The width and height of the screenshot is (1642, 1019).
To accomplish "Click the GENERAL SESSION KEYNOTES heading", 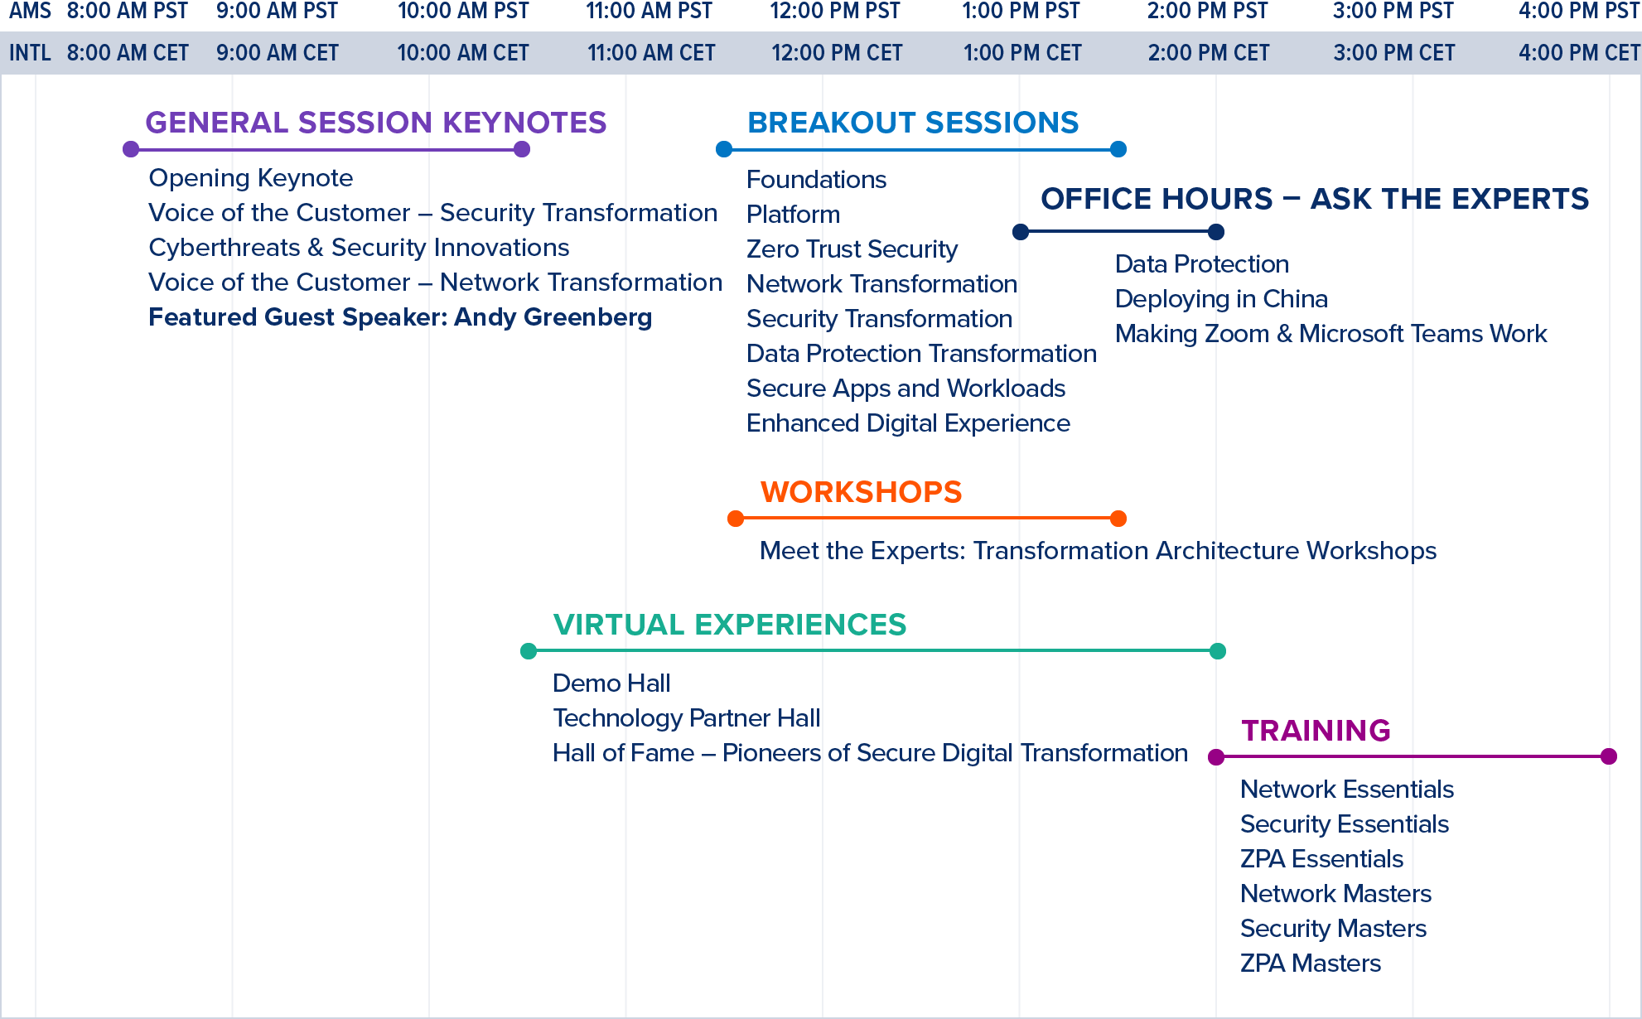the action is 375,123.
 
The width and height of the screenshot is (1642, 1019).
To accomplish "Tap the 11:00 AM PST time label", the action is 650,12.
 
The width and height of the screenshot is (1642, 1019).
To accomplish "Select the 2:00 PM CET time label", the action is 1209,53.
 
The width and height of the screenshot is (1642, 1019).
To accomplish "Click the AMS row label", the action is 30,12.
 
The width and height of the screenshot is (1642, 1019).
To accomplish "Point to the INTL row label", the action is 30,53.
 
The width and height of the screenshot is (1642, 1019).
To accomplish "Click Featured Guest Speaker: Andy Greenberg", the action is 400,317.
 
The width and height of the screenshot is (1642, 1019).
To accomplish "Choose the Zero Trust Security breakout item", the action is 852,249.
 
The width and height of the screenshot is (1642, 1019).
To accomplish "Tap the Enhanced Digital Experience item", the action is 908,423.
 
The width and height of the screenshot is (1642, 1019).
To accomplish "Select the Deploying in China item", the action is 1221,299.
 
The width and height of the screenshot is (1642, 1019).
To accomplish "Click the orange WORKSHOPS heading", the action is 861,492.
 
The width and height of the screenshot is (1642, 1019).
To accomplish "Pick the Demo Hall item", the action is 611,683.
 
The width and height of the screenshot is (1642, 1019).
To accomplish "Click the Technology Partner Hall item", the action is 686,718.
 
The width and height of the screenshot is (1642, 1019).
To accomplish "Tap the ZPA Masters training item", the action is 1311,963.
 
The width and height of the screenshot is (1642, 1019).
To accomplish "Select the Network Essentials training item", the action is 1347,790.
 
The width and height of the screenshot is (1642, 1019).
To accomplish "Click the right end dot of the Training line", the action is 1609,756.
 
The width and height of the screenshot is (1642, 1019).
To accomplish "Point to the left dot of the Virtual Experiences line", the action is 529,651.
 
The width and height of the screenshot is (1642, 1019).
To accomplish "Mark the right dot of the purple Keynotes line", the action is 522,149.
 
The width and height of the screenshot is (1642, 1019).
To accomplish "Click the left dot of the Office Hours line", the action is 1021,232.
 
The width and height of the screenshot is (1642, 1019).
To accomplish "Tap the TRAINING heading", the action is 1316,731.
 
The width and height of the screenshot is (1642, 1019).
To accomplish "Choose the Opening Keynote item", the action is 251,178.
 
